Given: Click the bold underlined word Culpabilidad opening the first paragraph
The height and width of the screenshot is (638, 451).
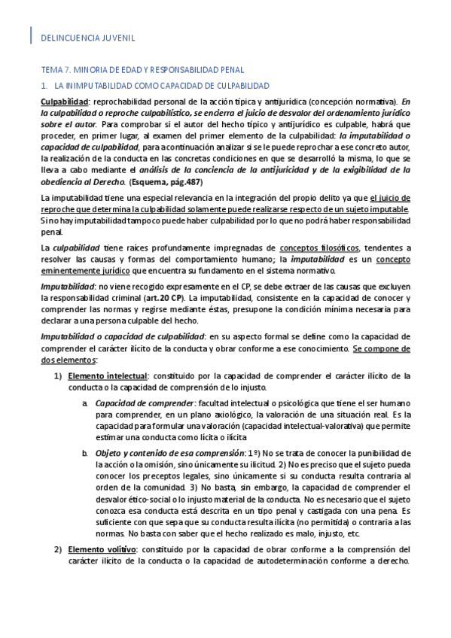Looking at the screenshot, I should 64,101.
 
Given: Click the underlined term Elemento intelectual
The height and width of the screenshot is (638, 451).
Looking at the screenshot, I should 108,375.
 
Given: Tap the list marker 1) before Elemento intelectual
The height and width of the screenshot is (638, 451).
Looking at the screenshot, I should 57,375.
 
